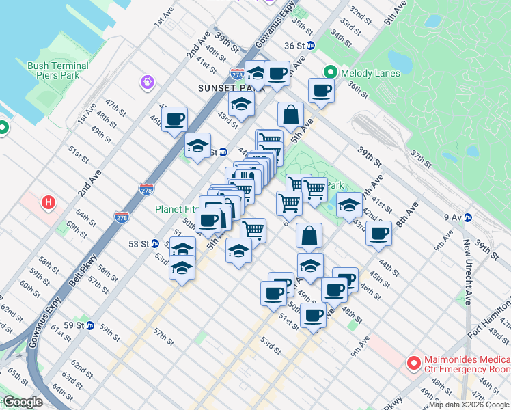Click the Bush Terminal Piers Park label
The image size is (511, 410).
click(x=58, y=71)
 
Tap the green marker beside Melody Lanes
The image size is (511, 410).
click(x=330, y=72)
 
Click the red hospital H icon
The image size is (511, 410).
click(x=48, y=203)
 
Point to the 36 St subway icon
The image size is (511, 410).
click(x=310, y=46)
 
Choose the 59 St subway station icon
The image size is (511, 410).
click(x=89, y=325)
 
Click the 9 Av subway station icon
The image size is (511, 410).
click(x=468, y=217)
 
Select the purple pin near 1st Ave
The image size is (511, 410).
click(x=147, y=83)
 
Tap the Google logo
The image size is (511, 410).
click(x=22, y=402)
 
